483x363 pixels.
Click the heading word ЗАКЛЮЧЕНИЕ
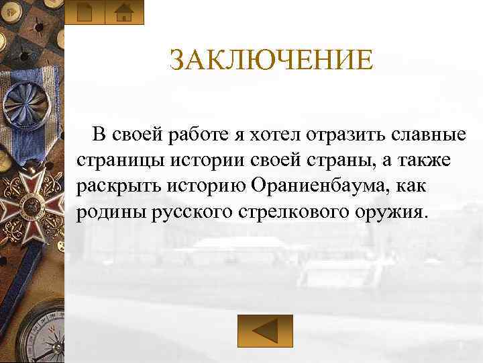pyautogui.click(x=270, y=61)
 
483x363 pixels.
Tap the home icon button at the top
pyautogui.click(x=124, y=13)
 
